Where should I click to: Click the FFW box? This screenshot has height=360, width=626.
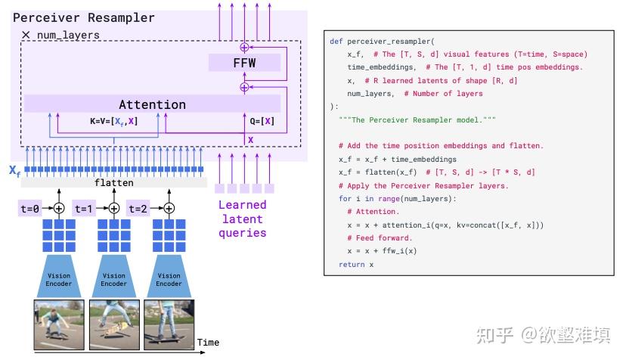[243, 63]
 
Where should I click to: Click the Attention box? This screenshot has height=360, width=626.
[152, 104]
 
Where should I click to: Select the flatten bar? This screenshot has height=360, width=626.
[113, 183]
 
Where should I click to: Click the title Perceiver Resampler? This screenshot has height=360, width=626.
[84, 17]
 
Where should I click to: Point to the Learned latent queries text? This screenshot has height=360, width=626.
[242, 219]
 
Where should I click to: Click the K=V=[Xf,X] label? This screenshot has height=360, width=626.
[109, 121]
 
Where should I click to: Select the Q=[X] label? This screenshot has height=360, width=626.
[262, 121]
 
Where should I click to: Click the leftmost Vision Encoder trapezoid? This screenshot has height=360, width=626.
[59, 279]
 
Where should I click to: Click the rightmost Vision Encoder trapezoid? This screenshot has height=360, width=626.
[169, 279]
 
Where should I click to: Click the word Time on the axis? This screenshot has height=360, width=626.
[208, 343]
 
